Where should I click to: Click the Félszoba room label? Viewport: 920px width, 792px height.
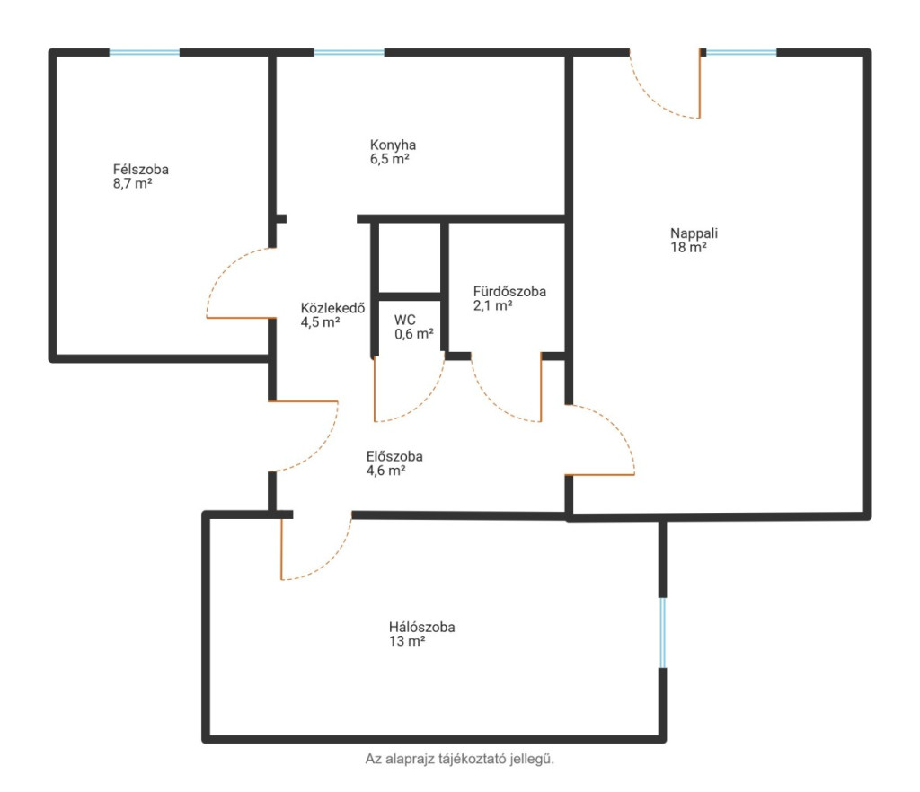(141, 170)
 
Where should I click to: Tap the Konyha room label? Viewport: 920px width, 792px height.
(394, 145)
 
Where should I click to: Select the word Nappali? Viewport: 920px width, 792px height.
(694, 233)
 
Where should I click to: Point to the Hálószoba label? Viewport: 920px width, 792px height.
(422, 628)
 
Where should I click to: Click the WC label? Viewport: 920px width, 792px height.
(405, 320)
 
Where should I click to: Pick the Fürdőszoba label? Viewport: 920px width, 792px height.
(510, 291)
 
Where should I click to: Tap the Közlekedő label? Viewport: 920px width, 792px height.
(332, 308)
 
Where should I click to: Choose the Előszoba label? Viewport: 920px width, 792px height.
(395, 456)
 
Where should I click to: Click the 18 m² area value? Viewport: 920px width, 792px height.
(688, 248)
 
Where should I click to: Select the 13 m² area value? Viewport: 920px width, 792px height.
(407, 641)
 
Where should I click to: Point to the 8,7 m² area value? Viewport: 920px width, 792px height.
(133, 183)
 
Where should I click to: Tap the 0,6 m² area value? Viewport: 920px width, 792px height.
(414, 334)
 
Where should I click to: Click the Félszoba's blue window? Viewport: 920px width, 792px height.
(145, 53)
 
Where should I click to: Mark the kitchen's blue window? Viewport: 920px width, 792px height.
(349, 53)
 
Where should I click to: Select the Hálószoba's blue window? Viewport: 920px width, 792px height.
(662, 632)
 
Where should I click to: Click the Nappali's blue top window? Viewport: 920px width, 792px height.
(741, 53)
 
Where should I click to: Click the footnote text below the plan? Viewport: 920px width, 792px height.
(459, 759)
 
